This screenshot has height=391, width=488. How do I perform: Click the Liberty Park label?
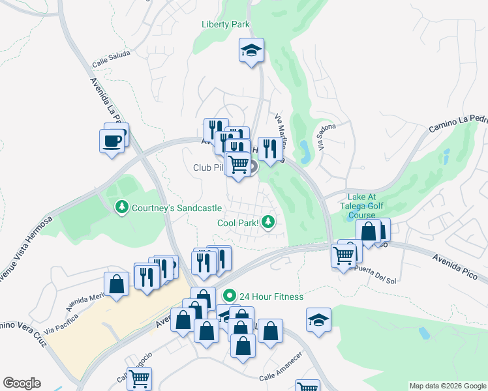[225, 25]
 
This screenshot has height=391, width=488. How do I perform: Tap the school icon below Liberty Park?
[251, 51]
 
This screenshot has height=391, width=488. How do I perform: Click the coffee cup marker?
[112, 140]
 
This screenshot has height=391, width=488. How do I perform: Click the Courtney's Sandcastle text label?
[176, 208]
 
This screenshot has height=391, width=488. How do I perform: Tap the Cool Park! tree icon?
[267, 223]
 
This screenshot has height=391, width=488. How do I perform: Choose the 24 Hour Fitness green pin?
[229, 297]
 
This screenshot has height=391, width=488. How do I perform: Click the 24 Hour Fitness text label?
[271, 297]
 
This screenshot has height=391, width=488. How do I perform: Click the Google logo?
[22, 383]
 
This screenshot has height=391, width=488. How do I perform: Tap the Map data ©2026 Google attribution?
[448, 386]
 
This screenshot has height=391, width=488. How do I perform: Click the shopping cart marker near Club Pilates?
[239, 164]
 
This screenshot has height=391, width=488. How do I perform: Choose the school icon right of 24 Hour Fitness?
[318, 320]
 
